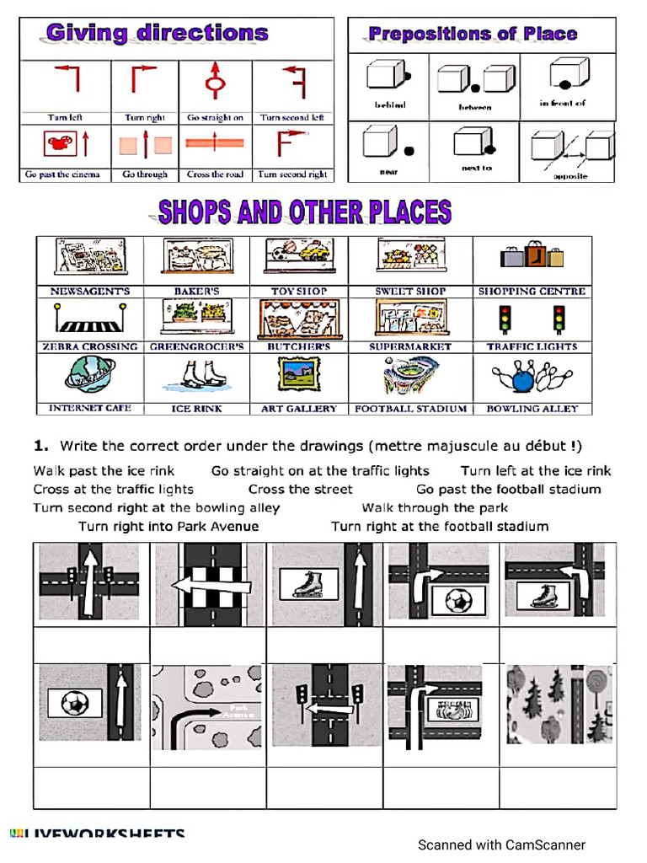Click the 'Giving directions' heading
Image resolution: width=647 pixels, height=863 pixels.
[x=157, y=34]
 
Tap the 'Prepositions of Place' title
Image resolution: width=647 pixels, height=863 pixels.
[x=473, y=35]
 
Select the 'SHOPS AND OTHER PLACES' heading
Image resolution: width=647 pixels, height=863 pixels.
[x=305, y=212]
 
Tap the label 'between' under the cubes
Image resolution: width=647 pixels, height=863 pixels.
[x=475, y=107]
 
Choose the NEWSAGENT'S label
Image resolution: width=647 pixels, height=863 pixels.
[x=90, y=292]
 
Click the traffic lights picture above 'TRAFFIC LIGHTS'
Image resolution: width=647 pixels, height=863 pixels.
[x=532, y=319]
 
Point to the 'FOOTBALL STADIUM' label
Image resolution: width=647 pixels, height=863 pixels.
[x=410, y=409]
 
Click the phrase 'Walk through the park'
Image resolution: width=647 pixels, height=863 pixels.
[x=435, y=507]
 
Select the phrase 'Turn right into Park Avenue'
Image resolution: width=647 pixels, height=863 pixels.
[x=168, y=527]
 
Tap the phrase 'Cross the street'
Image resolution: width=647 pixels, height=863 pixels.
[x=301, y=490]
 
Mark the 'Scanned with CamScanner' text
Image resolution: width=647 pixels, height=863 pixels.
[x=501, y=844]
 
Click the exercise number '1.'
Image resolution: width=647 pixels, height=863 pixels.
[x=40, y=446]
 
